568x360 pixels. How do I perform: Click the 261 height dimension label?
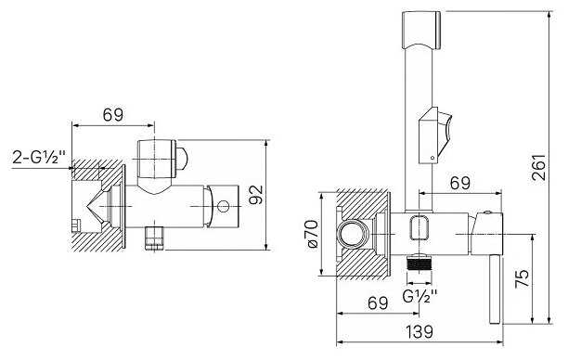click(x=539, y=167)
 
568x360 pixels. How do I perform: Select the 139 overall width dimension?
click(x=419, y=331)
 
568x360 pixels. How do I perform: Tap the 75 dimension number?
click(x=523, y=278)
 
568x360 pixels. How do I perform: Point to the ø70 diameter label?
click(x=312, y=234)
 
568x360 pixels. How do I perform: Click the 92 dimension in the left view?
click(x=256, y=195)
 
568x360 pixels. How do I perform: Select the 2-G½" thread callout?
click(x=39, y=158)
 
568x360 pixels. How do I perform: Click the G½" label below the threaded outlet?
click(x=420, y=296)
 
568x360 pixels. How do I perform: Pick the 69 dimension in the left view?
click(x=113, y=115)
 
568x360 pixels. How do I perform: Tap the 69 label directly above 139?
click(x=378, y=302)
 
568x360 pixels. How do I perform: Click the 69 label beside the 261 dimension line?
click(x=460, y=184)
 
